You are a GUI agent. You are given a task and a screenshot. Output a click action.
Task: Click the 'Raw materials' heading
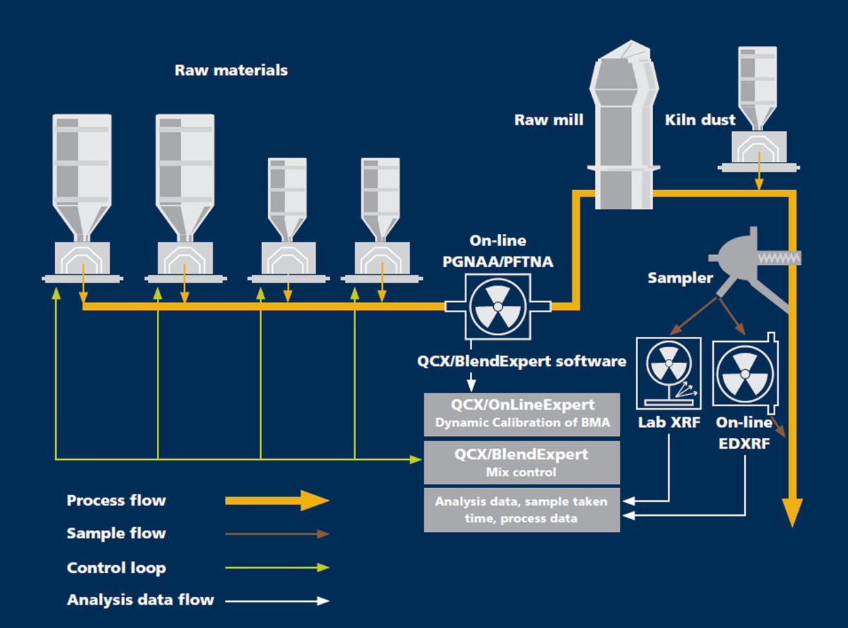click(231, 71)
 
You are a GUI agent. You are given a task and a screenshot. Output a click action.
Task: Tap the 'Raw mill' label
click(548, 120)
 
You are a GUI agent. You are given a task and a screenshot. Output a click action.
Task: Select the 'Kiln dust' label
click(700, 120)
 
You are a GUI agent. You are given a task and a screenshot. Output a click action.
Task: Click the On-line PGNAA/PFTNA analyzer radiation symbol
click(497, 306)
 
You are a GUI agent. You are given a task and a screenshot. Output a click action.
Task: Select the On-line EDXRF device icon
click(743, 372)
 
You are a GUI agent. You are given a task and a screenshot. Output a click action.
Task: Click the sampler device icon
click(735, 254)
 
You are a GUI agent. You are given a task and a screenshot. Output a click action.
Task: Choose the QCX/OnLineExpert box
click(522, 414)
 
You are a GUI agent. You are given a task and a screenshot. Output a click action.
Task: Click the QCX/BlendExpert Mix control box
click(522, 461)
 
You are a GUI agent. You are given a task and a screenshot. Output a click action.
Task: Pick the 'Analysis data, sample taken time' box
click(522, 509)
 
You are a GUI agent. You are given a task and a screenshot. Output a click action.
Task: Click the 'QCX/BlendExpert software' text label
click(522, 361)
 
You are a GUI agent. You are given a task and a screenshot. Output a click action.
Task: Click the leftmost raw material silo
click(83, 177)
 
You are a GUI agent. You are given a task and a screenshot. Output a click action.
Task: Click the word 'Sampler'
click(680, 278)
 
